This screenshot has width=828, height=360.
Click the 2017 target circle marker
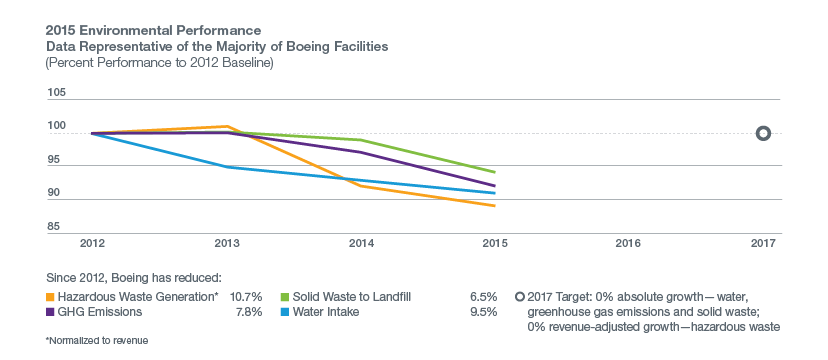(763, 134)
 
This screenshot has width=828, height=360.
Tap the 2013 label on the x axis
(227, 243)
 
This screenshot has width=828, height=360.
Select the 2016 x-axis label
(627, 243)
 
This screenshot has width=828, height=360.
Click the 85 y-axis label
(54, 227)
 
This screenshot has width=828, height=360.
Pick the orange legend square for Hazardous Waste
(50, 297)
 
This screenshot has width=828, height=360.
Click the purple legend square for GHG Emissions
(50, 312)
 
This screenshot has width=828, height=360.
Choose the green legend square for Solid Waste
(285, 297)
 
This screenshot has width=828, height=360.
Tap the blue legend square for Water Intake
(285, 312)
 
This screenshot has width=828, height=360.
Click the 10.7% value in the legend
(247, 297)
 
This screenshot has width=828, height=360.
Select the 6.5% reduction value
(484, 297)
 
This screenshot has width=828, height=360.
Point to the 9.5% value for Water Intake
(484, 312)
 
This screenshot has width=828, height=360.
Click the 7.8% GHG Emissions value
(249, 312)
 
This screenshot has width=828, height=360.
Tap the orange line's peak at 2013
(227, 126)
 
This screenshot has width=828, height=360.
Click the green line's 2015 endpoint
(494, 172)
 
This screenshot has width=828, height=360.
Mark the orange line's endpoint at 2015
(494, 206)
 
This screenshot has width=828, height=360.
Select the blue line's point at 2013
(227, 167)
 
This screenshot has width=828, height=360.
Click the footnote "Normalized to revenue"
(97, 341)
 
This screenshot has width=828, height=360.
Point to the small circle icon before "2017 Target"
(519, 297)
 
